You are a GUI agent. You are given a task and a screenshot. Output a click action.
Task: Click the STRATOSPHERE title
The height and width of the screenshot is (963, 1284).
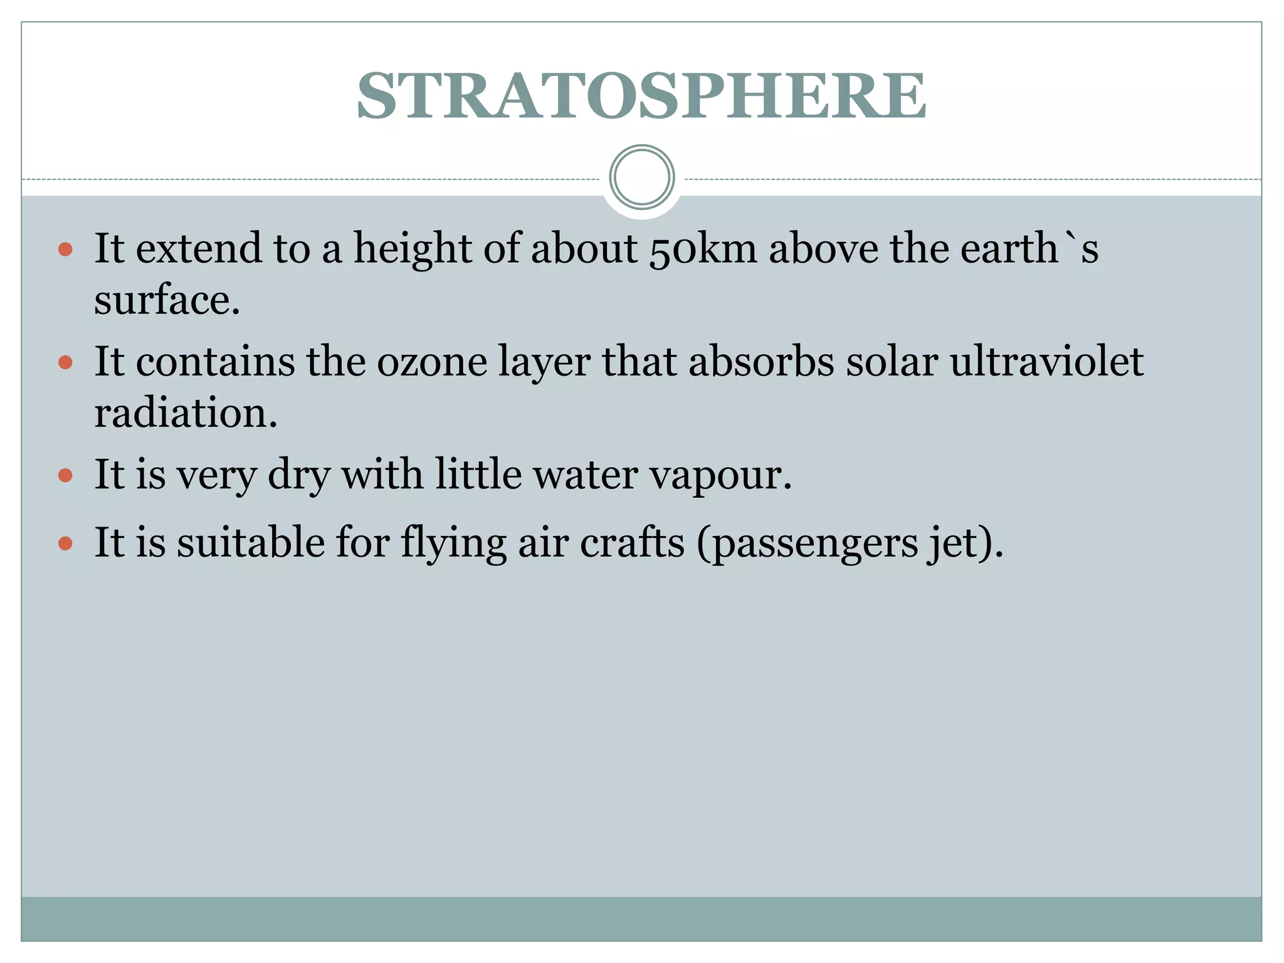tap(641, 95)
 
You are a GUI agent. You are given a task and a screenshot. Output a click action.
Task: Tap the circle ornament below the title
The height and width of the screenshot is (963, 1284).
tap(641, 177)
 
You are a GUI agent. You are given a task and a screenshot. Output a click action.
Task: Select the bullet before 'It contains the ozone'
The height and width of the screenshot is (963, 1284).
tap(65, 362)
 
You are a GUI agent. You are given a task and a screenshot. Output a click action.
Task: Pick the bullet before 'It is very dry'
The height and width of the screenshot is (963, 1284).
tap(65, 475)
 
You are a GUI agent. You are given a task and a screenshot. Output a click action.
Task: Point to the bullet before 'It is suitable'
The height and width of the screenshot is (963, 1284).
tap(65, 543)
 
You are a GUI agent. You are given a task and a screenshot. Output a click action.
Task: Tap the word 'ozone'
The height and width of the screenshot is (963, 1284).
tap(432, 362)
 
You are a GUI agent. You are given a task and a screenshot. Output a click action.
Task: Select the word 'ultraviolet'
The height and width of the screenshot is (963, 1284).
tap(1046, 362)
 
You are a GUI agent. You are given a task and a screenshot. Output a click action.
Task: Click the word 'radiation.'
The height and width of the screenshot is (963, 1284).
tap(186, 414)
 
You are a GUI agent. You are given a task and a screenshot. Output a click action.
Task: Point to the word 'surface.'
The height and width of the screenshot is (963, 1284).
tap(167, 300)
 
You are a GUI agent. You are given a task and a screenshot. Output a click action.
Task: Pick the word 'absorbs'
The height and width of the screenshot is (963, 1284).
tap(761, 362)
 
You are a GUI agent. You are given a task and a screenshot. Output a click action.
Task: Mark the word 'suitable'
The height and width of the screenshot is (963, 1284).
tap(250, 543)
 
